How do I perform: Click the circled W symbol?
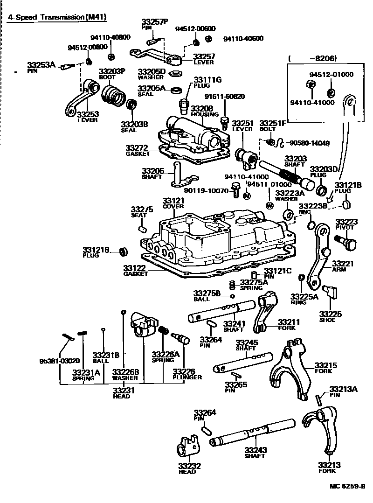pyautogui.click(x=269, y=205)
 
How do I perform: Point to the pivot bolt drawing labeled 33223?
pyautogui.click(x=345, y=240)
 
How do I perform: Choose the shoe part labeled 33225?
pyautogui.click(x=332, y=293)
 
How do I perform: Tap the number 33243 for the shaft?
pyautogui.click(x=255, y=450)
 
